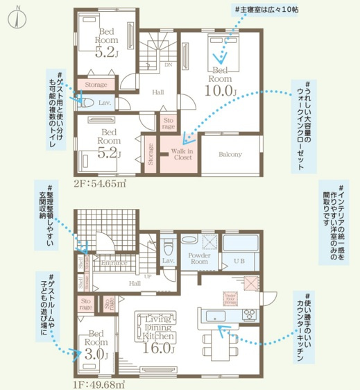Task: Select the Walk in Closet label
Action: click(x=182, y=153)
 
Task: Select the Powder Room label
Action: click(x=199, y=259)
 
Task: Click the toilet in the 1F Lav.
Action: click(x=168, y=247)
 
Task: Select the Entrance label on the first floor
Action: click(x=114, y=264)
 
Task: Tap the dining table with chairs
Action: click(x=216, y=342)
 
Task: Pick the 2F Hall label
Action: click(x=157, y=92)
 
